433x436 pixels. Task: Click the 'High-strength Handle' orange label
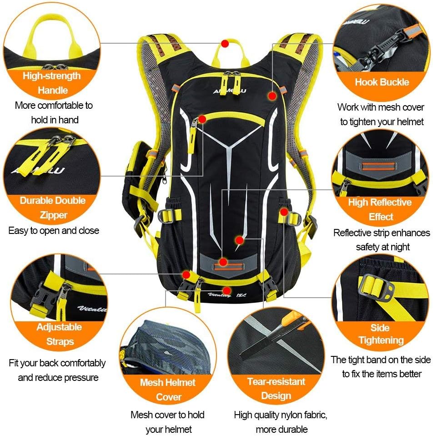click(52, 83)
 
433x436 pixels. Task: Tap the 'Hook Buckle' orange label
click(382, 82)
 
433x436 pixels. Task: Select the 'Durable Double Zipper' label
click(53, 208)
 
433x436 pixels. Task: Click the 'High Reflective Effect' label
click(380, 209)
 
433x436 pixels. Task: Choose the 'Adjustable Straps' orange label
click(59, 334)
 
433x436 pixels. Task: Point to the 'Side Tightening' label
click(381, 334)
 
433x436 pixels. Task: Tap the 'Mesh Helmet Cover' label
click(168, 389)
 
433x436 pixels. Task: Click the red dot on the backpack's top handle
click(224, 43)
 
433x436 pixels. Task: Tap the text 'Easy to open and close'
click(54, 230)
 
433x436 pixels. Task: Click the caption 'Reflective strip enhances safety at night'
click(381, 239)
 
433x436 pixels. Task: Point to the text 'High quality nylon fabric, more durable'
click(280, 421)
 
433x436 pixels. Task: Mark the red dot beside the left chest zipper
click(202, 119)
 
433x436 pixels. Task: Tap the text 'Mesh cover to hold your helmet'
click(167, 421)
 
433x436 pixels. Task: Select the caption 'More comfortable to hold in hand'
click(54, 112)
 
